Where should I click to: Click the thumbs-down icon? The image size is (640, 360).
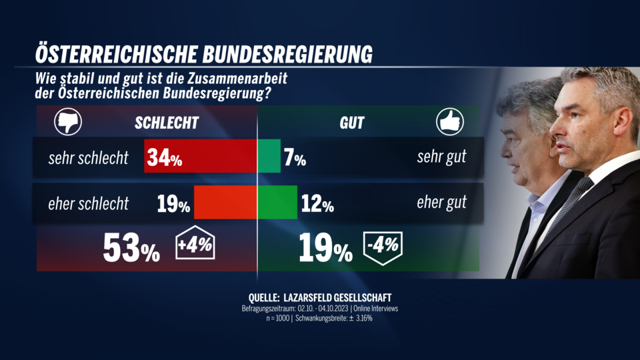pos(65,123)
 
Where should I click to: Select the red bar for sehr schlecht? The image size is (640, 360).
pos(201,157)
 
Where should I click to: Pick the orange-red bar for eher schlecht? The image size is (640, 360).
pos(225,203)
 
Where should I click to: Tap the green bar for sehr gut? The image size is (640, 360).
pos(269,157)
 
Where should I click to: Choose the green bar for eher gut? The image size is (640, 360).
pos(277,203)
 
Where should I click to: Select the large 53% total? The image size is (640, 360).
pos(131,249)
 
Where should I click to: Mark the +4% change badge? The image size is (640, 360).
pos(195,247)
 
